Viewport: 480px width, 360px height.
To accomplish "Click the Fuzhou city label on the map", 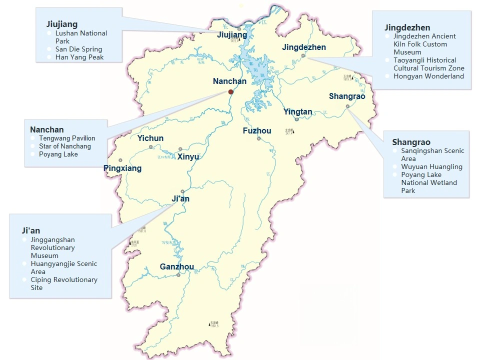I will tap(257, 131).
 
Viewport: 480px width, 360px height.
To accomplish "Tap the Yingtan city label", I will tap(297, 112).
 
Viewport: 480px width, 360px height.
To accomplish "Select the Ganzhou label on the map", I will tap(176, 266).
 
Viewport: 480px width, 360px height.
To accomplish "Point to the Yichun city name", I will tap(150, 138).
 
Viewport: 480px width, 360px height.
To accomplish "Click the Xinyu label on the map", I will tap(188, 156).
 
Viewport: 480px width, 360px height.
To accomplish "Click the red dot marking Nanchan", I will tap(230, 91).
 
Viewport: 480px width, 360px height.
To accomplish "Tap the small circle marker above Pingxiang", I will tap(120, 160).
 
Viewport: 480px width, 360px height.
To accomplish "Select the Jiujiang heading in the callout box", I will tap(61, 24).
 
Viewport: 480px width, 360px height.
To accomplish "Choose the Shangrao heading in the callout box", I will tap(411, 142).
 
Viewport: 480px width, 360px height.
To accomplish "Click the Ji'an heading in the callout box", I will tap(31, 230).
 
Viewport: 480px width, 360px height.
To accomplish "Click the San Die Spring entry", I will tap(78, 49).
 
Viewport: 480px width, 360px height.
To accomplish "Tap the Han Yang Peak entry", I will tap(79, 57).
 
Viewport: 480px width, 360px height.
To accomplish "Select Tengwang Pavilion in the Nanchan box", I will tap(67, 138).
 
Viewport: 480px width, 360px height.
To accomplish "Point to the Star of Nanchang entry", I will tap(65, 146).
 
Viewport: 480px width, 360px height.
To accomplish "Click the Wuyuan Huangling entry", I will tap(431, 166).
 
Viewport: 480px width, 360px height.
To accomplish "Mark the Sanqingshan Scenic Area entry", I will tap(432, 154).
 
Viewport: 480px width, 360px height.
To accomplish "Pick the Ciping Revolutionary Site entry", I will tap(64, 283).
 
